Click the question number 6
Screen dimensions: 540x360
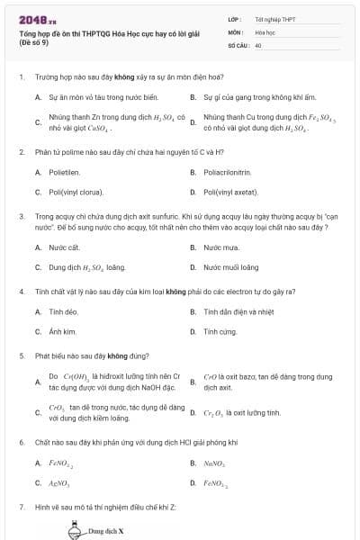point(21,443)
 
